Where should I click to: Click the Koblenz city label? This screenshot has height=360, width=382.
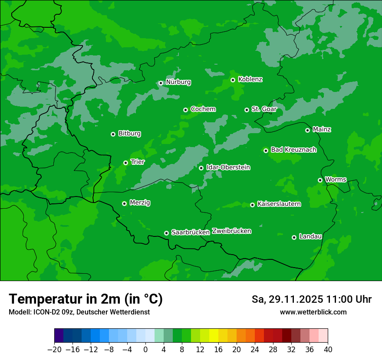coord(250,79)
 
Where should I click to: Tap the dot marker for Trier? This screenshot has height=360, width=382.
coord(125,163)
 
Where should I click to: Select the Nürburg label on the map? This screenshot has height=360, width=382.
coord(178,82)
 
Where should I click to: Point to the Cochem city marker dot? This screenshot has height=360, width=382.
coord(185,110)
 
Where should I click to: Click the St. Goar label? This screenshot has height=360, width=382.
coord(264,109)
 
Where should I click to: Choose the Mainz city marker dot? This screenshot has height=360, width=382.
coord(307,130)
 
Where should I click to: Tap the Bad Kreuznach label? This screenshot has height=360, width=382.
coord(293,150)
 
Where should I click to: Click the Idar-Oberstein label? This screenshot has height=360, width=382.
coord(228,167)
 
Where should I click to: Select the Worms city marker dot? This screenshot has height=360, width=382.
coord(320,180)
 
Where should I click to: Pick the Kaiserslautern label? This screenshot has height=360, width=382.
coord(279,204)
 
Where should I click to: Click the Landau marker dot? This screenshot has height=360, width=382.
coord(294,237)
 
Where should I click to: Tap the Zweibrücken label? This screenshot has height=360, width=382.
coord(231,231)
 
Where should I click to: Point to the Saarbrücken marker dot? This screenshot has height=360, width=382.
coord(166,233)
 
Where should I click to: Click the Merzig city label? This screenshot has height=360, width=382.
coord(140,203)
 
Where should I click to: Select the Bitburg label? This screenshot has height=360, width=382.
coord(129,134)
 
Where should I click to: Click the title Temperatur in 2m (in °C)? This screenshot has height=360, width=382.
coord(86,299)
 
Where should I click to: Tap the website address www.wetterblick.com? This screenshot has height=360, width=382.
coord(313,312)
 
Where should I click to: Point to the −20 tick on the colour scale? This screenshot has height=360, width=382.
coord(55,349)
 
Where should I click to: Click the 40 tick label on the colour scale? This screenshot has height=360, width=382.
coord(328,349)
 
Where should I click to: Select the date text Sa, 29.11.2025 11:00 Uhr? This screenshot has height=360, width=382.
coord(311,299)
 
